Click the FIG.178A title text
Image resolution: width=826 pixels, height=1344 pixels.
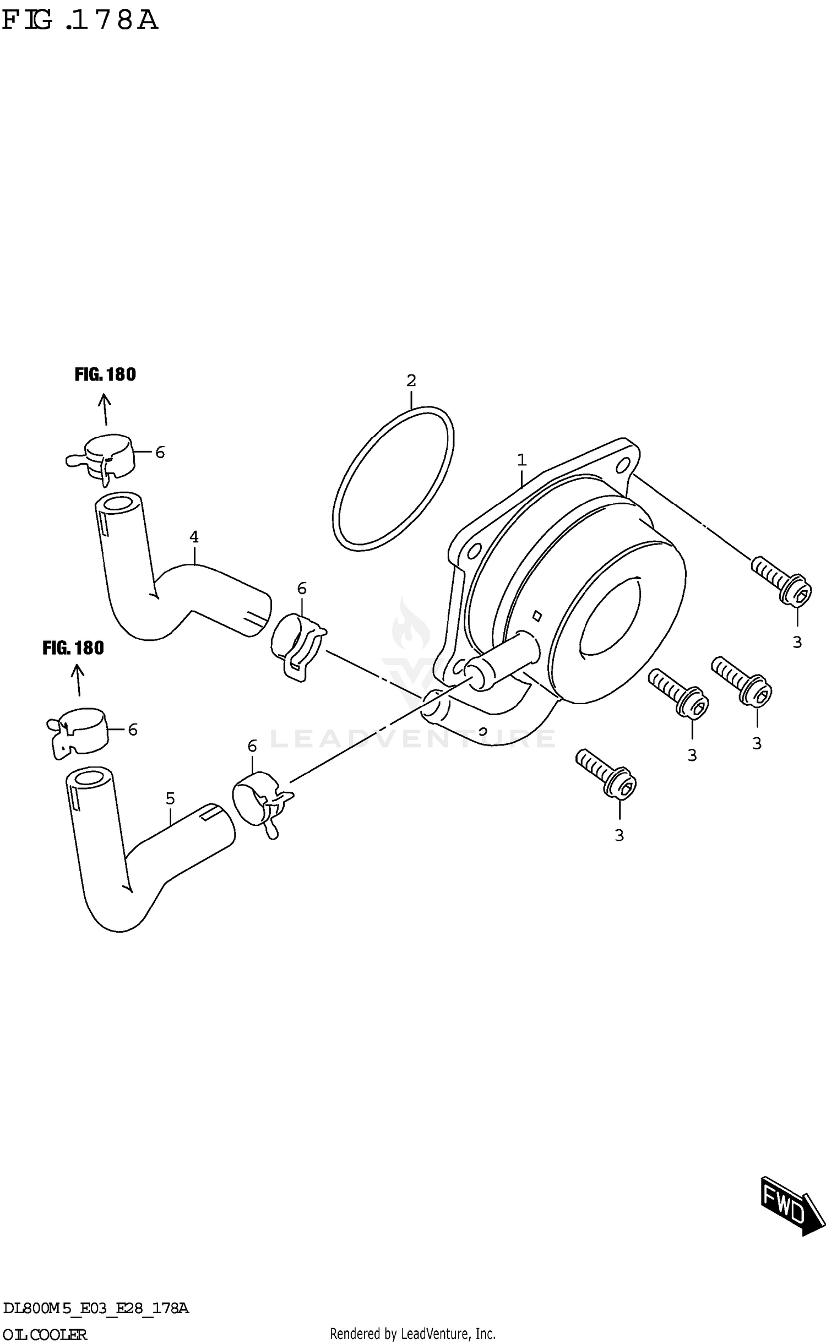pos(80,20)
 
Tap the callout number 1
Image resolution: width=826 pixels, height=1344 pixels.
pos(521,459)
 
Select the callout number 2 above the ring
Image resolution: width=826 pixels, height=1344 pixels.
pos(411,380)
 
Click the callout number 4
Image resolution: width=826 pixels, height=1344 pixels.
pos(193,536)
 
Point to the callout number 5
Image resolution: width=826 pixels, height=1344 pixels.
pos(170,798)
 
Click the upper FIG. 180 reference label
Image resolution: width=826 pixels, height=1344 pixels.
pos(105,374)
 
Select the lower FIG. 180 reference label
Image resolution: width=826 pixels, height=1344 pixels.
pos(73,648)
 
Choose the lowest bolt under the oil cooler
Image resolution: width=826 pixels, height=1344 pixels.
pos(607,774)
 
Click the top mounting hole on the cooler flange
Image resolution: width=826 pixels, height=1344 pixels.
pos(623,466)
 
